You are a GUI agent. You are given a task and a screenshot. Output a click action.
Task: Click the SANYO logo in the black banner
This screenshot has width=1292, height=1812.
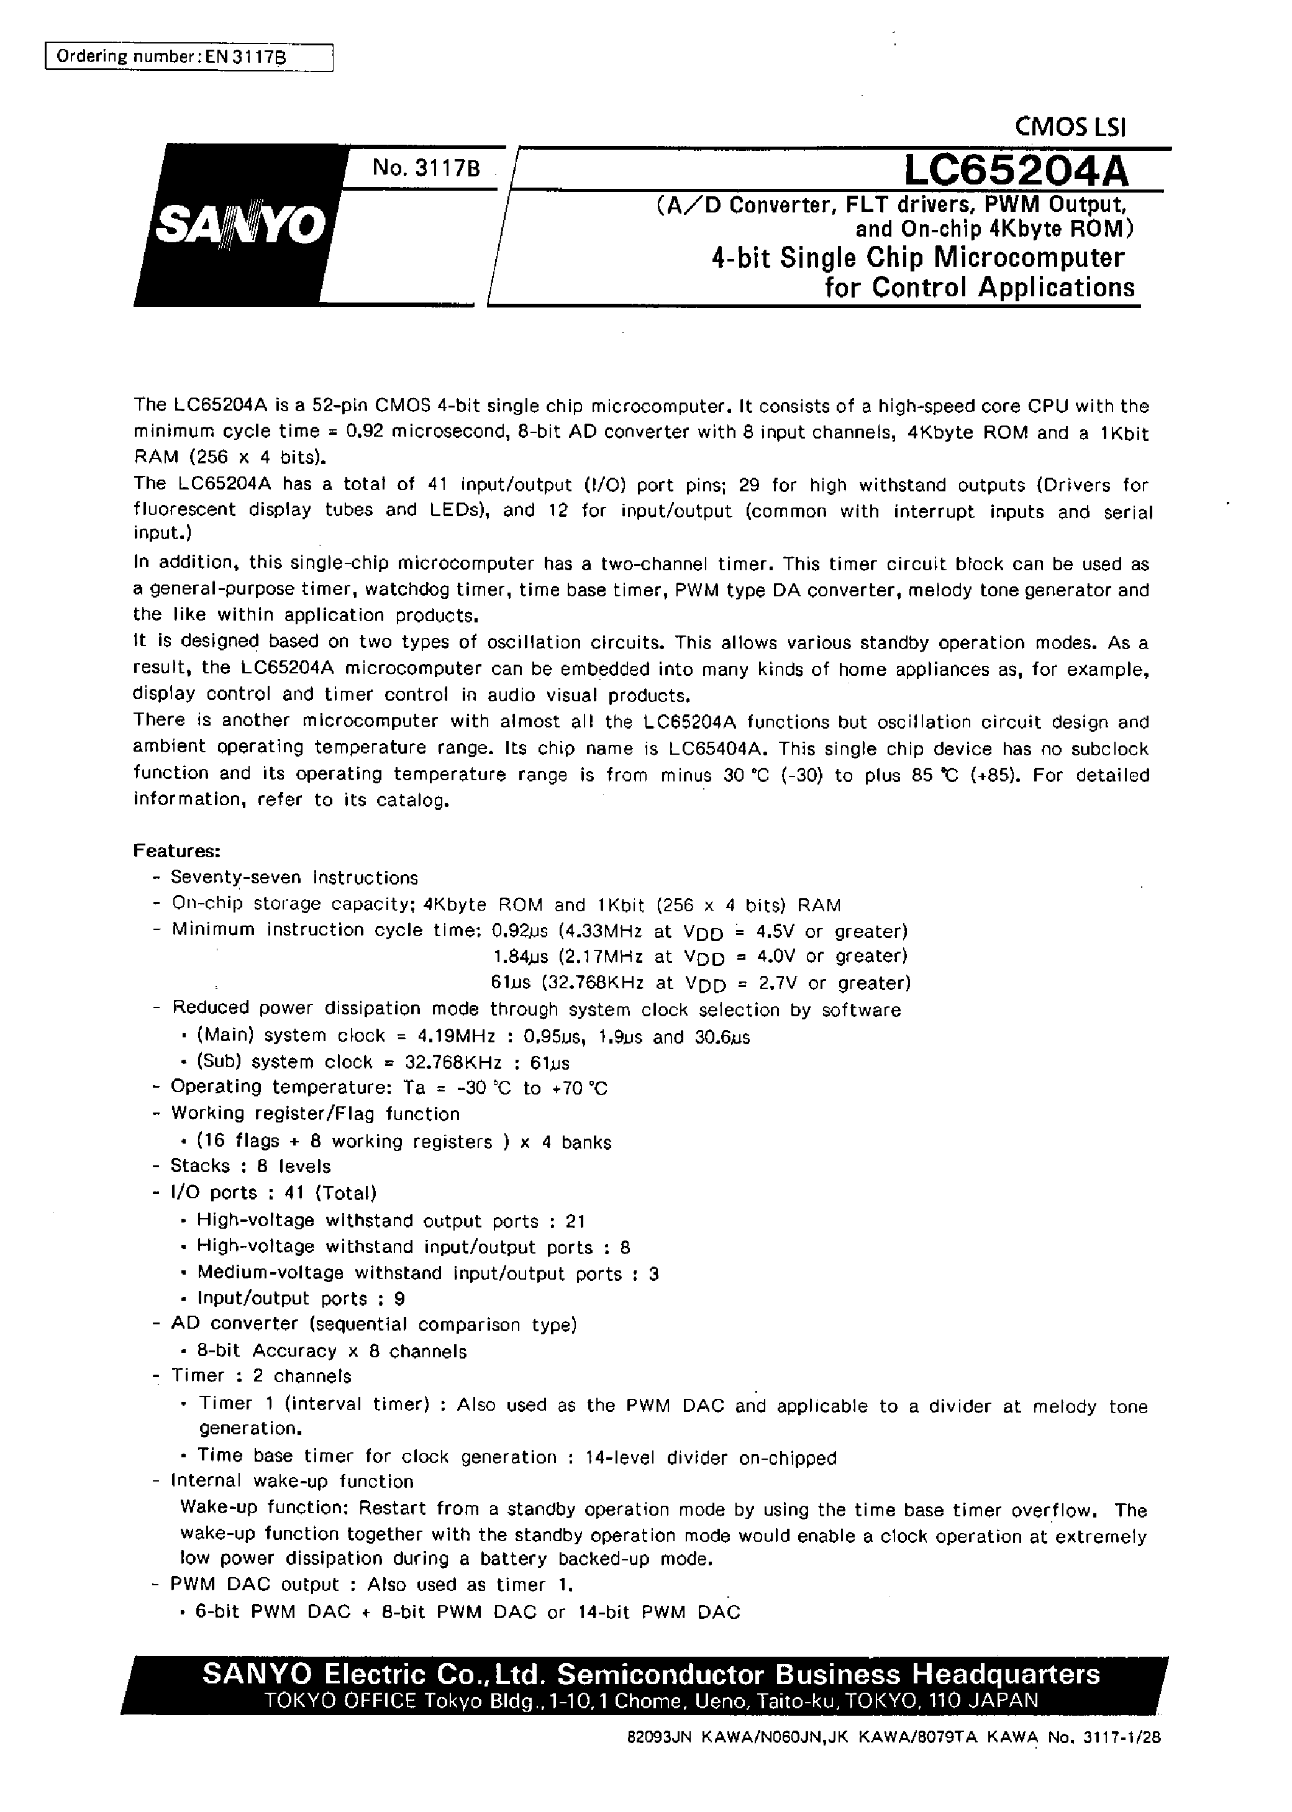239,227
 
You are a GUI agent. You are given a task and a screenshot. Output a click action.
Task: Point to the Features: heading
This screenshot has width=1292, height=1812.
176,851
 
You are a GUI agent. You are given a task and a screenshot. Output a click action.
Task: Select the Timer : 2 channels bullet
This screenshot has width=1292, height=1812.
260,1376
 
